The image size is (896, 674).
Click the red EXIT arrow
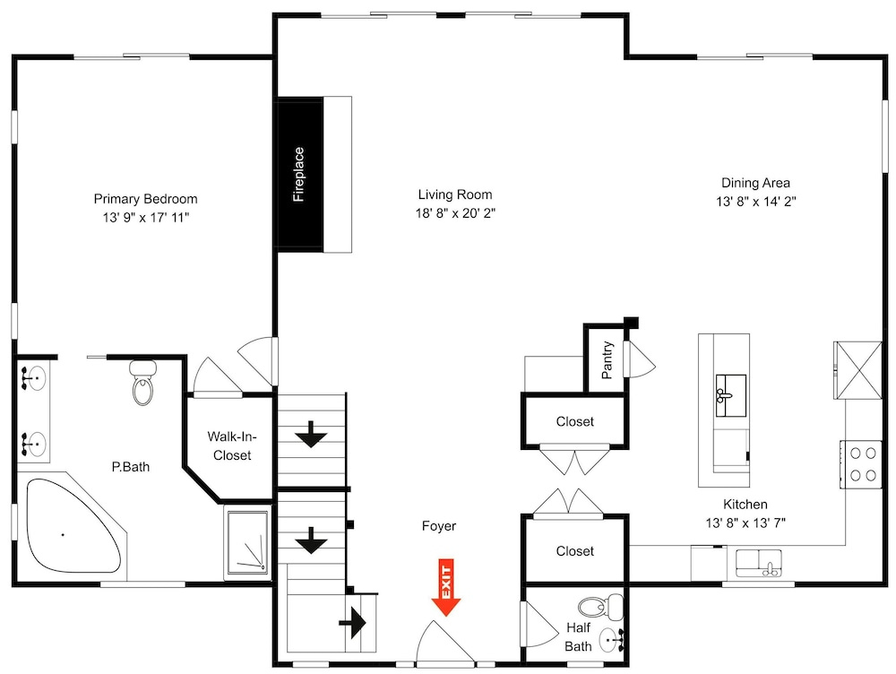point(445,587)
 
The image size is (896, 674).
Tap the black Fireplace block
point(299,175)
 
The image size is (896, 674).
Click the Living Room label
point(455,194)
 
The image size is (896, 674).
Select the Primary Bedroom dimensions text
point(146,217)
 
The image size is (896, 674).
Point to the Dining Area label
point(755,183)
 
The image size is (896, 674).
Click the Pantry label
point(607,360)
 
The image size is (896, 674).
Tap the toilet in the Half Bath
point(600,607)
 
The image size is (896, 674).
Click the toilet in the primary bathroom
point(142,382)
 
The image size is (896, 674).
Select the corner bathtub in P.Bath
point(73,526)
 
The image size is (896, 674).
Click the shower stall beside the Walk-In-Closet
point(247,542)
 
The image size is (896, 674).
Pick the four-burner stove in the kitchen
point(860,464)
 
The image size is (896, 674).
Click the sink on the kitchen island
point(731,395)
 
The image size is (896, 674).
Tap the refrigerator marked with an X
point(857,370)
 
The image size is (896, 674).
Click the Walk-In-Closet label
point(232,446)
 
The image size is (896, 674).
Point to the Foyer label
point(439,526)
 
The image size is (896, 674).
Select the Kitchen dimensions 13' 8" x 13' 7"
point(745,523)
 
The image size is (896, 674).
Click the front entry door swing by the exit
point(444,644)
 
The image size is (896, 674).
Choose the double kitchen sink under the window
point(759,563)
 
